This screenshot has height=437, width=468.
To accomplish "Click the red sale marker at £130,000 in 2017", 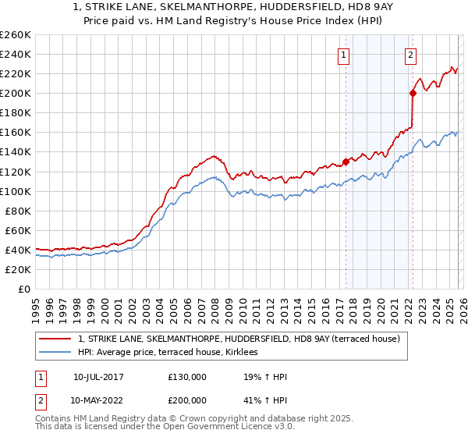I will (x=346, y=162).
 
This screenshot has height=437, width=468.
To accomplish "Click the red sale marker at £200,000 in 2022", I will (x=413, y=93).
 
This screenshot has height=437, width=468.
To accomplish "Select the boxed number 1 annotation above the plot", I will (x=344, y=55).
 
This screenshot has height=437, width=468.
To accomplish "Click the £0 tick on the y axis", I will (x=23, y=289).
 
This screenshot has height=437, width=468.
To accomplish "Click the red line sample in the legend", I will (x=55, y=339).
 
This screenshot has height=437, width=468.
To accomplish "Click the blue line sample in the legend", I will (x=55, y=353).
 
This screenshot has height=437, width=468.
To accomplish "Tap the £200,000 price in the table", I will (x=187, y=399).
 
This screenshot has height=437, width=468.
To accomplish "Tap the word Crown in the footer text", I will (x=161, y=420).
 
